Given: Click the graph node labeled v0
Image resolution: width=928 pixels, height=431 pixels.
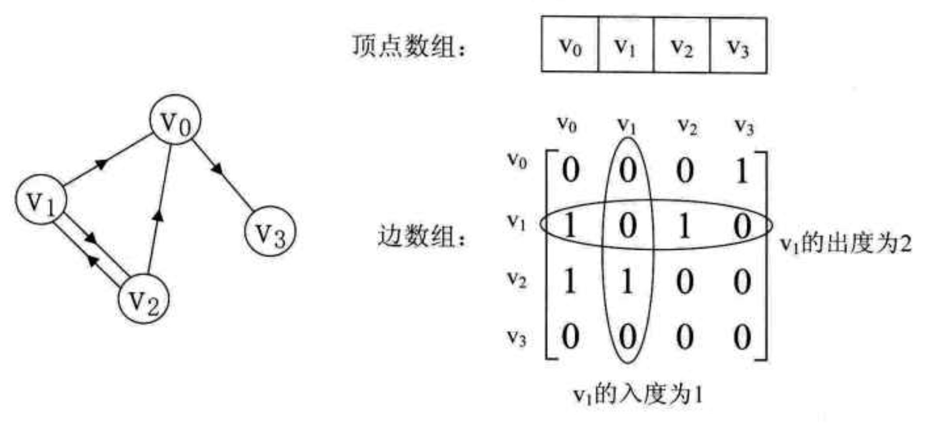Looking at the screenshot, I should click(175, 120).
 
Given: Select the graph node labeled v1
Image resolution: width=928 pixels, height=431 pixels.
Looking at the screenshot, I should click(41, 200).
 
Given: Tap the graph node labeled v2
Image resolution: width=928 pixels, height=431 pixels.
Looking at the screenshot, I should click(144, 298).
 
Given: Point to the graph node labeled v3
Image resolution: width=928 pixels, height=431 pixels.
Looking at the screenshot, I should click(270, 231).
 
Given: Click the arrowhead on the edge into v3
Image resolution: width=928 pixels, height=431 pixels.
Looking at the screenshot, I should click(217, 169).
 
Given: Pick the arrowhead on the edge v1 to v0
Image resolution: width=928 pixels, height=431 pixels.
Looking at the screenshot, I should click(101, 165).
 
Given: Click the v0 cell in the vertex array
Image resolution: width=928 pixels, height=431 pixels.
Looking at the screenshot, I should click(570, 45).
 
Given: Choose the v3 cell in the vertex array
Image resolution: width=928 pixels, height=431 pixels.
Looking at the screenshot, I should click(738, 46).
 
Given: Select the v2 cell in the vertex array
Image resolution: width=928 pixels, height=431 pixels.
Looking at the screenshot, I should click(681, 46).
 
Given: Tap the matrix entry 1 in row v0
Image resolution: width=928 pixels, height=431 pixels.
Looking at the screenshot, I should click(741, 171).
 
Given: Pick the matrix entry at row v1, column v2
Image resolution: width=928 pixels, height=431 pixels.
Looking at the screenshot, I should click(684, 226).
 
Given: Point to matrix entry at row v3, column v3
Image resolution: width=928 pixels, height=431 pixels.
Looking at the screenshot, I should click(741, 337).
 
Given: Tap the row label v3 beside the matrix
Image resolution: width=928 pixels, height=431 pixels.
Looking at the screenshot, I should click(516, 337).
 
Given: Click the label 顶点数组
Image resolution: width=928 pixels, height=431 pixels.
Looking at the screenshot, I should click(408, 47).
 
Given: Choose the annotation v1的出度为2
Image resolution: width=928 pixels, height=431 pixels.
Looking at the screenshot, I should click(846, 243).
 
